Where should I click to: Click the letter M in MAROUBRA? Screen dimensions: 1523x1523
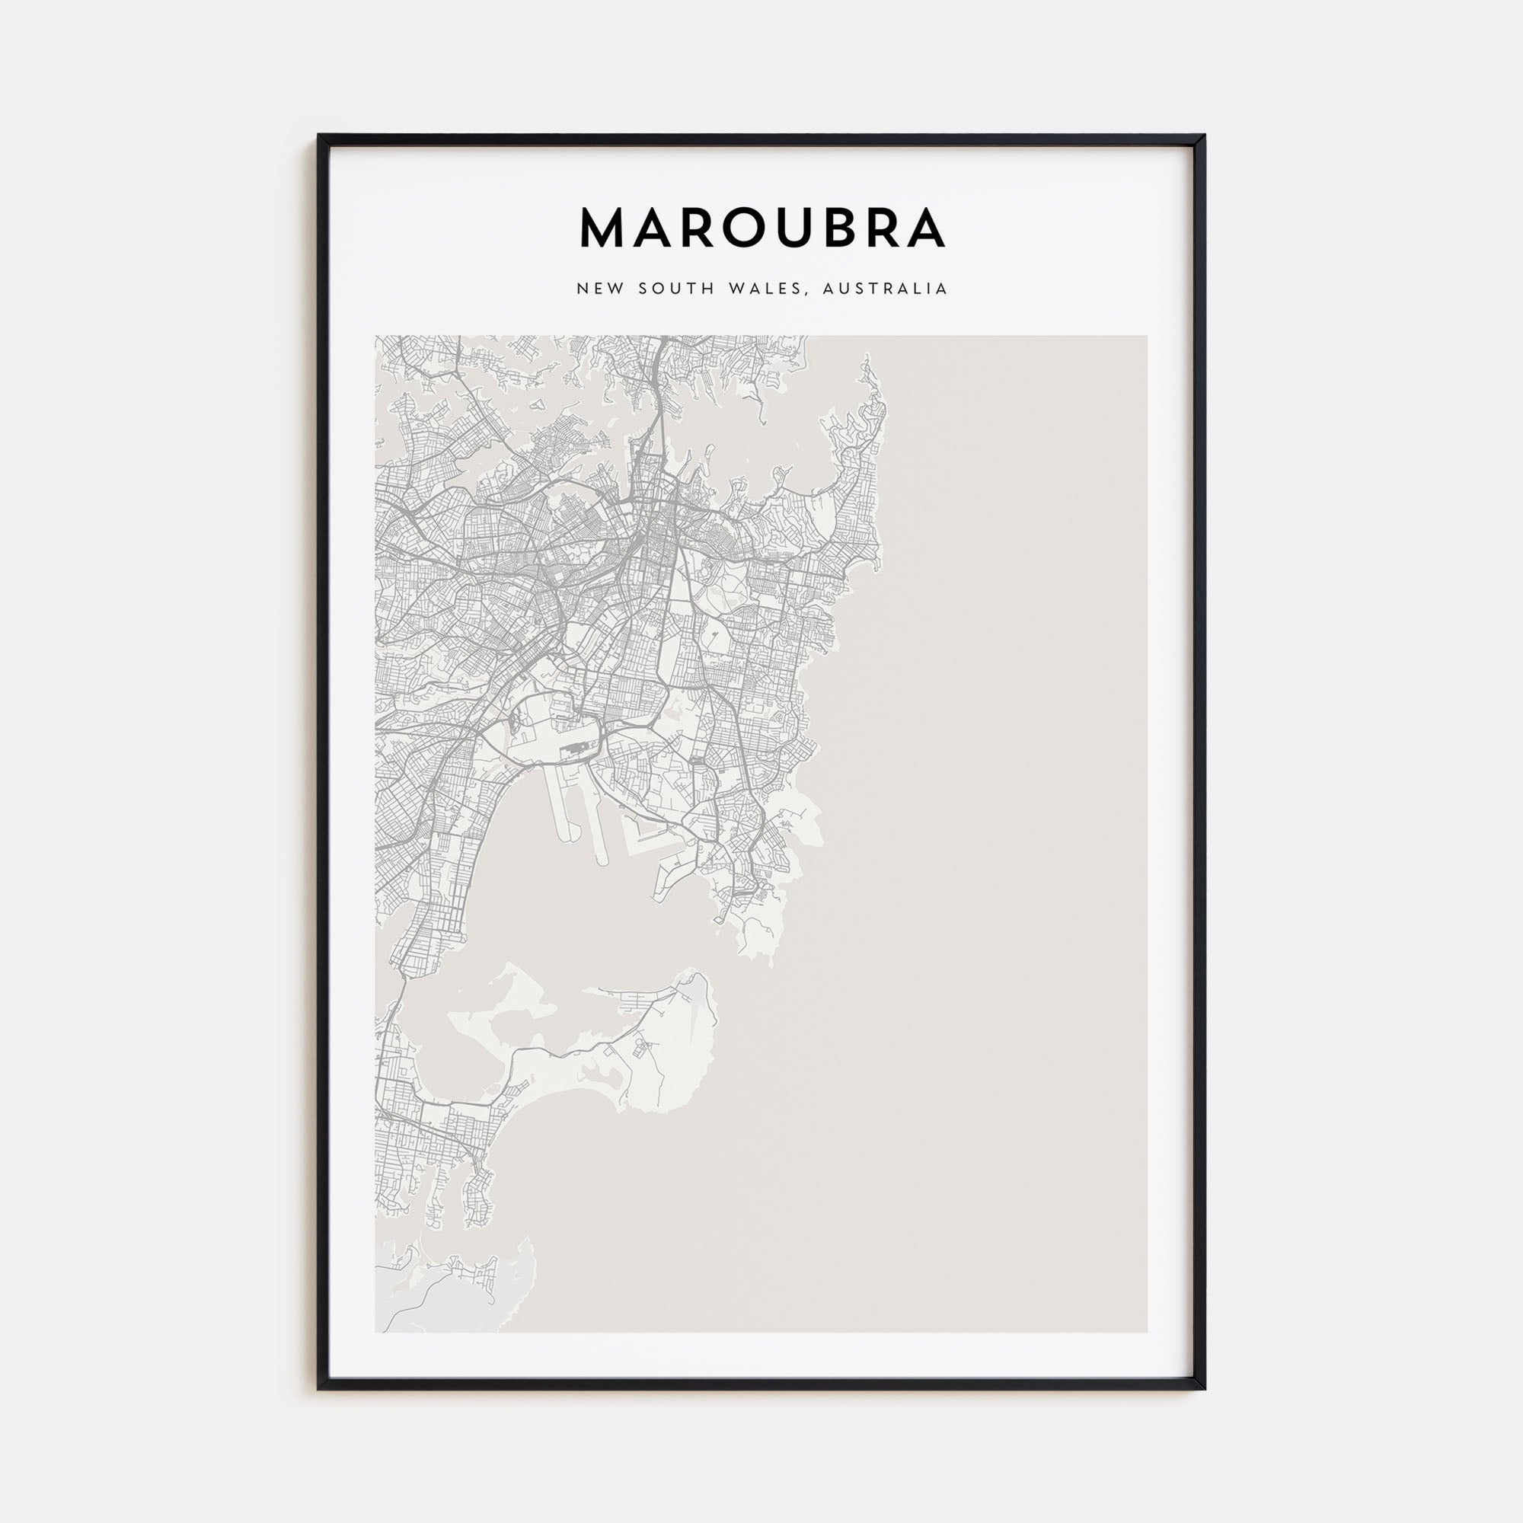604,229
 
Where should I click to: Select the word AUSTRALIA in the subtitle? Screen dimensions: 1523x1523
884,289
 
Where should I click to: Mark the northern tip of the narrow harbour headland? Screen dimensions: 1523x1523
867,359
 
